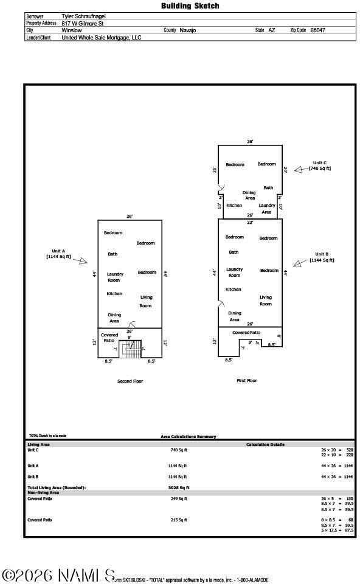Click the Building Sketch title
pos(190,5)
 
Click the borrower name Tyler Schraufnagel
pos(83,16)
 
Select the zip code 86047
pos(318,30)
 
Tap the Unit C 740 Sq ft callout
pos(319,165)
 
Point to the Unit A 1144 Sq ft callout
pos(59,254)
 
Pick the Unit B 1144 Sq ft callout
pos(322,257)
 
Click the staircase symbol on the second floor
pos(130,349)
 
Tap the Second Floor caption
pos(130,381)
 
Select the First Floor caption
pos(247,381)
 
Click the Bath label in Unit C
pos(268,187)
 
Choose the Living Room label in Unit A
pos(145,301)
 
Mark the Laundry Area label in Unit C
pos(267,209)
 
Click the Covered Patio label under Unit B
pos(246,333)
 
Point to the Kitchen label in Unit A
pos(114,294)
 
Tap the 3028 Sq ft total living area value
pos(179,487)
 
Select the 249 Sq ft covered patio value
pos(179,499)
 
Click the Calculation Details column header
pos(265,445)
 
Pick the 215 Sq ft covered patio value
pos(179,520)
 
